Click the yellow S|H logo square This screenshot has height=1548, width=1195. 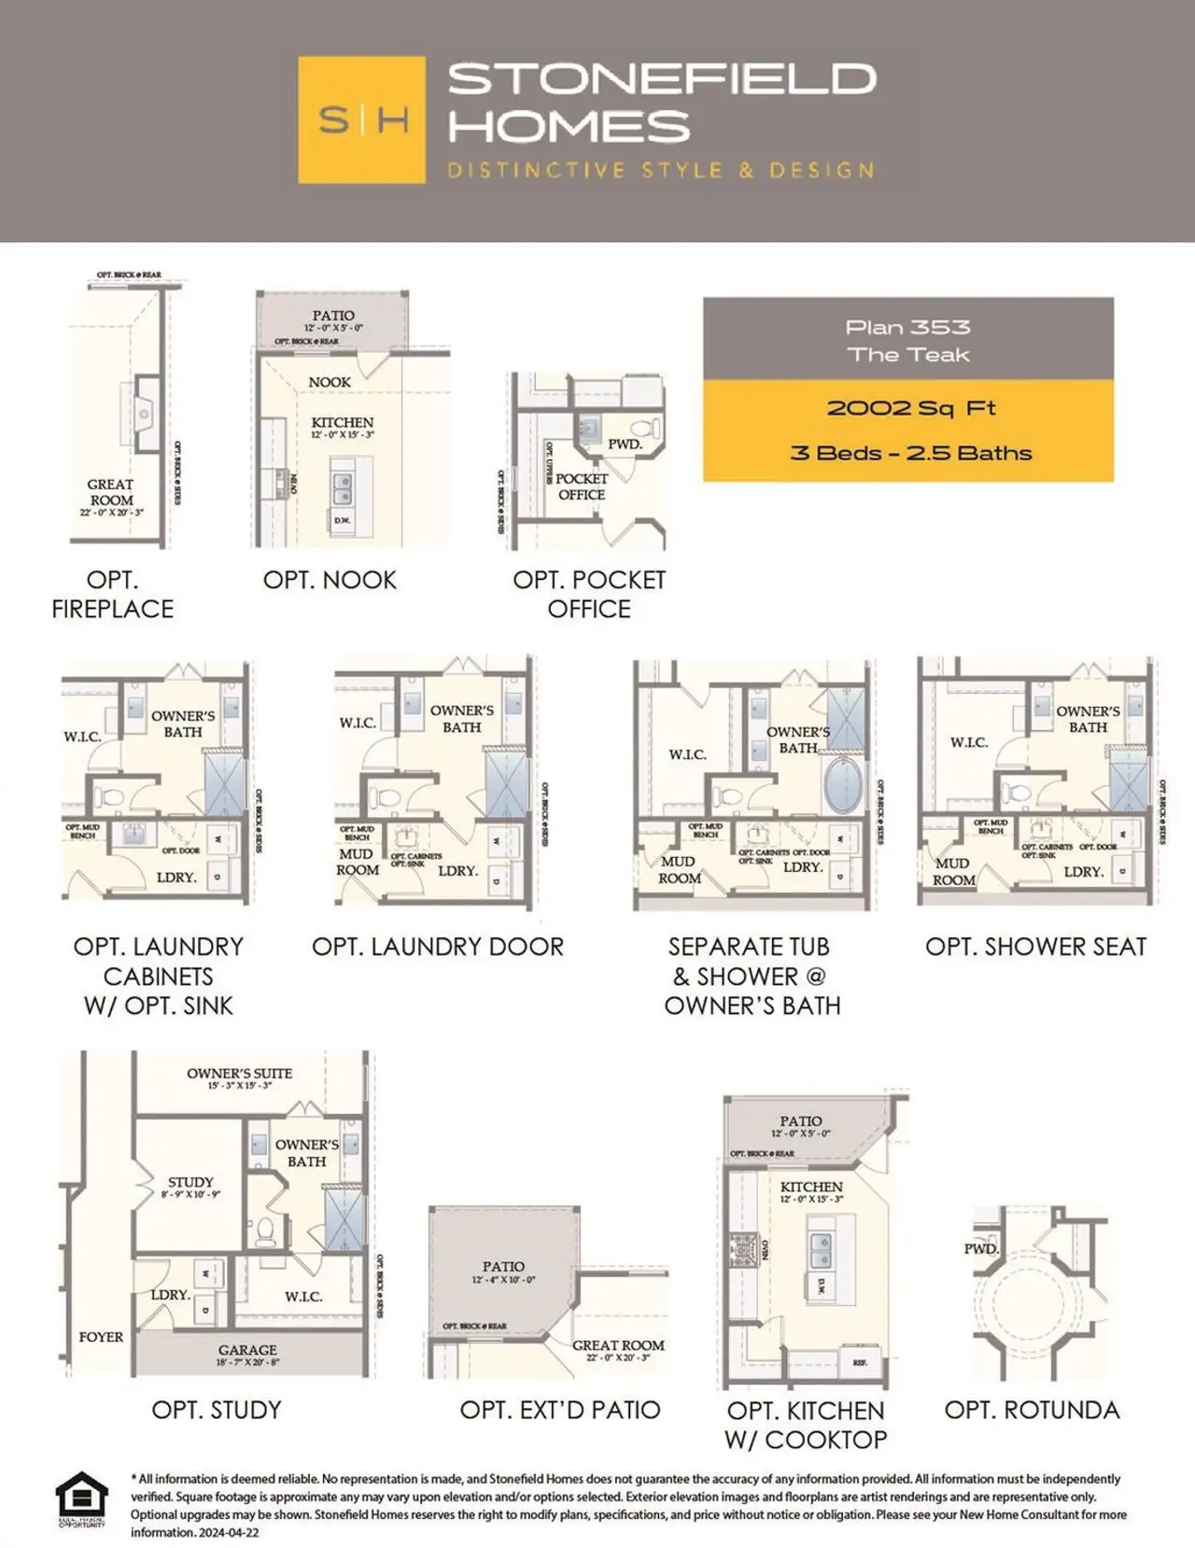(x=361, y=120)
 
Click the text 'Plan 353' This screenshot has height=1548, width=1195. (x=907, y=327)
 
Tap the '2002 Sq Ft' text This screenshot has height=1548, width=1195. (x=910, y=408)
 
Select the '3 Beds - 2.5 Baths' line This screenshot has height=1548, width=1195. (x=910, y=454)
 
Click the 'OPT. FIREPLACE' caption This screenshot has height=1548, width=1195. (x=112, y=595)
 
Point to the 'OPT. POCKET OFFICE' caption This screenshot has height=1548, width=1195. (x=589, y=595)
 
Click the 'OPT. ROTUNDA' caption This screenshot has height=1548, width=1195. (x=1032, y=1410)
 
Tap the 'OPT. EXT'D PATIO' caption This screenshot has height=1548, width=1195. (x=559, y=1410)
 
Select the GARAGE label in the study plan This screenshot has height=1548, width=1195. (x=247, y=1350)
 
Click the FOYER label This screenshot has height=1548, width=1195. (x=101, y=1337)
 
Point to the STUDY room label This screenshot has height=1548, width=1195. (x=190, y=1182)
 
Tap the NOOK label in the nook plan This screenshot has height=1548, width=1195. (x=330, y=382)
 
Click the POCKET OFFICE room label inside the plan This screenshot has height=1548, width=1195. (x=582, y=486)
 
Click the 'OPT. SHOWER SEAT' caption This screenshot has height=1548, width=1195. (x=1035, y=947)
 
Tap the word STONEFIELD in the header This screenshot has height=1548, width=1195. (x=662, y=79)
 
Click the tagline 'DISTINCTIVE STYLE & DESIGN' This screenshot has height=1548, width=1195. (x=661, y=171)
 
